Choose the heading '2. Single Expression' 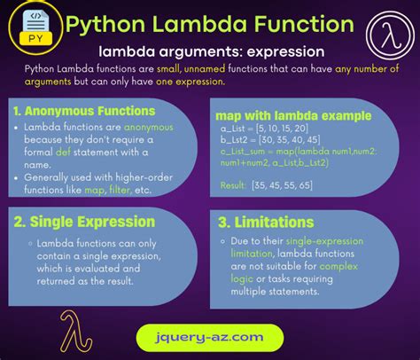coord(85,222)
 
